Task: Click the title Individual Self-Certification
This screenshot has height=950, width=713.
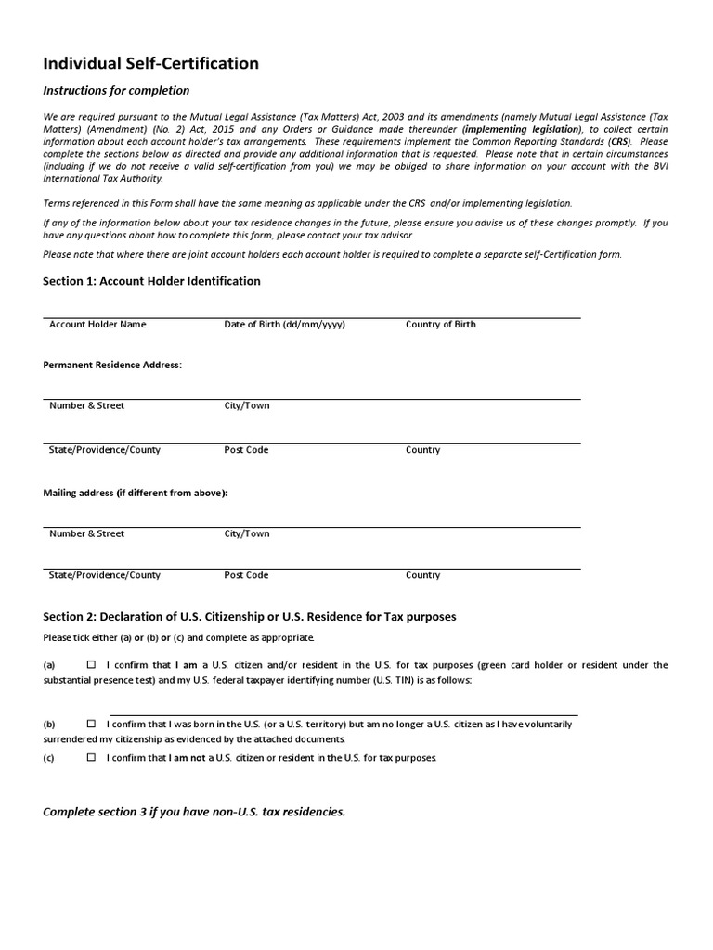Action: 151,64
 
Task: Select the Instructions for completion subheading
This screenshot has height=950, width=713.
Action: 116,91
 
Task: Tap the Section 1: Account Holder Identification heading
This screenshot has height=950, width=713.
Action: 152,281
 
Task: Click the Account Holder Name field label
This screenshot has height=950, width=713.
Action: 97,325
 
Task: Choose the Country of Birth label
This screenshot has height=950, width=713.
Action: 441,325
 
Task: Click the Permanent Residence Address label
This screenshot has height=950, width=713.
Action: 112,365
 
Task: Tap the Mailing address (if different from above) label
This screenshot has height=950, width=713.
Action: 136,493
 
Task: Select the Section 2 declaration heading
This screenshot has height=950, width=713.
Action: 250,617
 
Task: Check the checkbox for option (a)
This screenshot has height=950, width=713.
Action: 91,665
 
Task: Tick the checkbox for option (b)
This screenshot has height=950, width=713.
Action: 91,724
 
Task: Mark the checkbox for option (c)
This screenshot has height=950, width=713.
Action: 91,757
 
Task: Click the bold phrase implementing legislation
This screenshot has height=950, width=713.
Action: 523,130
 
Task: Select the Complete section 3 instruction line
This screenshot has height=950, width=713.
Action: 194,812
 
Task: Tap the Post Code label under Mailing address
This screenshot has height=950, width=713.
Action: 246,575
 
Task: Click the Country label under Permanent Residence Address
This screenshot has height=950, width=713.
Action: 422,450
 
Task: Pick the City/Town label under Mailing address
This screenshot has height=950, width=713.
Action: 247,533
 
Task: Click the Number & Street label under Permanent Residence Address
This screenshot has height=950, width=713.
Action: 86,405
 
